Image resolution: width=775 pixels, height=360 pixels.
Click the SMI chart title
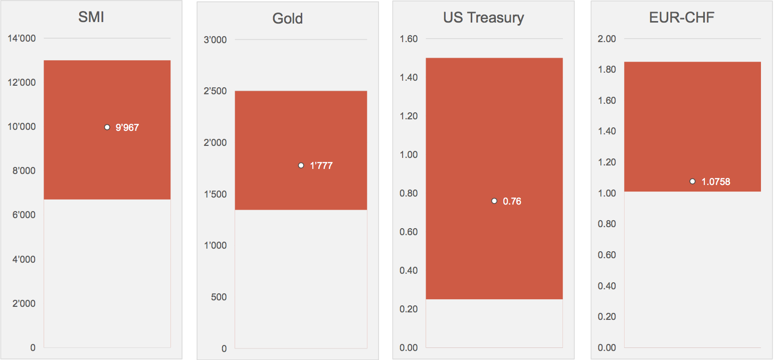[91, 18]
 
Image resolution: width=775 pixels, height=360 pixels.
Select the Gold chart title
[288, 19]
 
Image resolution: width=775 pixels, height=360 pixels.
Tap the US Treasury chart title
[483, 18]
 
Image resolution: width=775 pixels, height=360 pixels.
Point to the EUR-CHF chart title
[681, 18]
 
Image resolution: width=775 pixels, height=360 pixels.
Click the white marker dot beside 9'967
[107, 127]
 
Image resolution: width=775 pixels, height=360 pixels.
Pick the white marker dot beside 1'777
[301, 165]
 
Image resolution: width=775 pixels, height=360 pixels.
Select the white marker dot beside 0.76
[494, 201]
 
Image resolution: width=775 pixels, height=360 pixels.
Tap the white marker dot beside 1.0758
[692, 182]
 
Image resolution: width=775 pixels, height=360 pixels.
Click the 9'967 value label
[127, 128]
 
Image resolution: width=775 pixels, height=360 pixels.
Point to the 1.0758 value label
[715, 182]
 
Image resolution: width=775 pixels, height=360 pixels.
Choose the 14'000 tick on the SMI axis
[22, 39]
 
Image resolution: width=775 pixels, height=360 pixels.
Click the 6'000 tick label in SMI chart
[22, 215]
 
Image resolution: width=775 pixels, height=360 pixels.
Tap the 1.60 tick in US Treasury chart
[409, 39]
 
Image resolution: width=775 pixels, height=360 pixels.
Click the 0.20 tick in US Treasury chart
[409, 309]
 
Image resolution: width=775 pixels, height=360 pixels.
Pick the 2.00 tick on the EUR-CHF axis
[607, 39]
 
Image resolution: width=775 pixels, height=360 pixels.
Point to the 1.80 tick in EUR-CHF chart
[607, 70]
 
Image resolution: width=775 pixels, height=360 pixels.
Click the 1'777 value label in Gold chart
[321, 166]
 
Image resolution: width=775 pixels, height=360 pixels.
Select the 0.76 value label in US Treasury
[512, 202]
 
